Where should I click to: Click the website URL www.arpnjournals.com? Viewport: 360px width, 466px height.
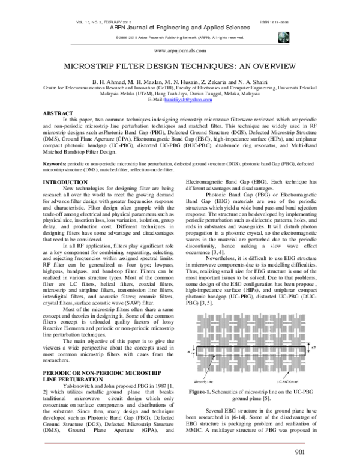179,52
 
